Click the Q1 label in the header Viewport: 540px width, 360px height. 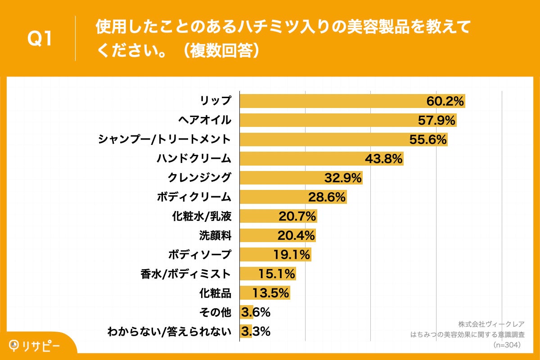coord(40,39)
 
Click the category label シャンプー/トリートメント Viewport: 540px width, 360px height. coord(165,139)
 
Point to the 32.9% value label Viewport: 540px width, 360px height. coord(343,178)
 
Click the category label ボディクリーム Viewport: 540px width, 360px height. coord(194,197)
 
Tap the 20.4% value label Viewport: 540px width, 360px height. coord(297,236)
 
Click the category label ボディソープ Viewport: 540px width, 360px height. coord(200,255)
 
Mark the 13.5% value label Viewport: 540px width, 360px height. coord(270,293)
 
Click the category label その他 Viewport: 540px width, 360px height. coord(215,312)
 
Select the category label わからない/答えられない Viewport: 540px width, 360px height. coord(169,332)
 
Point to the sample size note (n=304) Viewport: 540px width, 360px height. coord(507,345)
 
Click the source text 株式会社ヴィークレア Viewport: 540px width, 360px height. coord(491,324)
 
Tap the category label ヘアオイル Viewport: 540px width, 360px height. coord(205,120)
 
